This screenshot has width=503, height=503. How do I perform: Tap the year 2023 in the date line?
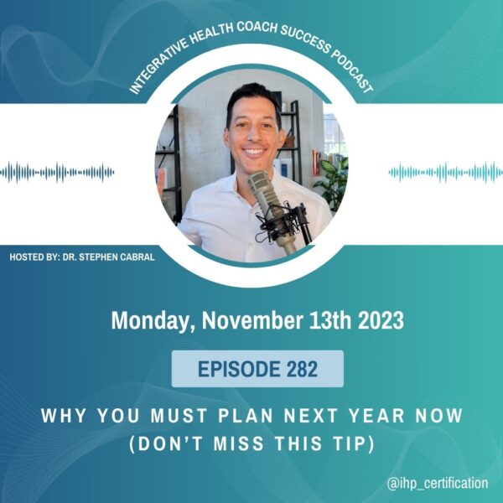tap(381, 320)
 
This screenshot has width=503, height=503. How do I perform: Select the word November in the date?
tap(252, 320)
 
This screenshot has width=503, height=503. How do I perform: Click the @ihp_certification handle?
tap(438, 483)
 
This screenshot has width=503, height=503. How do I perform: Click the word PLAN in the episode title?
tap(246, 416)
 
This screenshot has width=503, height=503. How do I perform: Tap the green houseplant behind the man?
tap(332, 183)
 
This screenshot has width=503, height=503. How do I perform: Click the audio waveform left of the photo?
tap(57, 173)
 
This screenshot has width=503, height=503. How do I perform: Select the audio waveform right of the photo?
tap(446, 173)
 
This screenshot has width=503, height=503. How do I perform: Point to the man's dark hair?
tap(253, 96)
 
